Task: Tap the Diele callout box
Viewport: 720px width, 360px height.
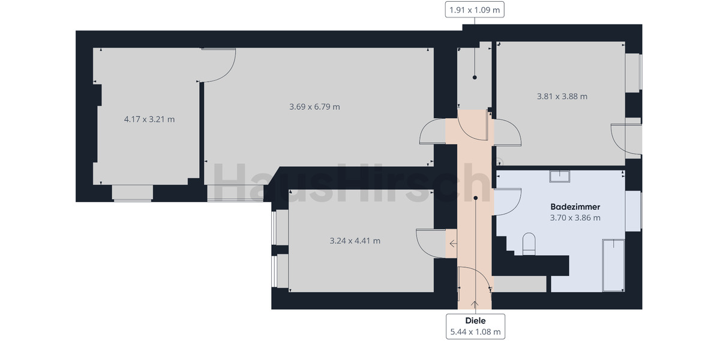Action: point(475,326)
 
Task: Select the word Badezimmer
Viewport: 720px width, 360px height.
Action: point(575,206)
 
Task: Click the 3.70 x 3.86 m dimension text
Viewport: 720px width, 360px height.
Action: point(575,218)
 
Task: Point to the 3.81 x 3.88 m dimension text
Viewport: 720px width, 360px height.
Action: point(562,96)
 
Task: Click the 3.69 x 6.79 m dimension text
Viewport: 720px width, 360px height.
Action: point(314,107)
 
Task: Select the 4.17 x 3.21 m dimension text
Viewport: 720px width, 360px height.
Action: point(149,119)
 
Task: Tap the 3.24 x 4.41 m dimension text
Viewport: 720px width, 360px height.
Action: point(355,241)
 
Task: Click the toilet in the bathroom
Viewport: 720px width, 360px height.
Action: point(529,244)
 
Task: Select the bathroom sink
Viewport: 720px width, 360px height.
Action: point(559,176)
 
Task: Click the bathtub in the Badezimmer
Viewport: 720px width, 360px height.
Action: point(613,265)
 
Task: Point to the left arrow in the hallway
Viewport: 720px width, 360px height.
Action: point(452,244)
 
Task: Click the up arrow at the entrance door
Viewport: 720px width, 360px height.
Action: point(475,304)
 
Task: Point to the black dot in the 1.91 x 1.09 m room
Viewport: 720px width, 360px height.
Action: point(475,77)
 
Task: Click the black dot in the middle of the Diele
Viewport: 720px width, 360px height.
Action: point(475,197)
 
